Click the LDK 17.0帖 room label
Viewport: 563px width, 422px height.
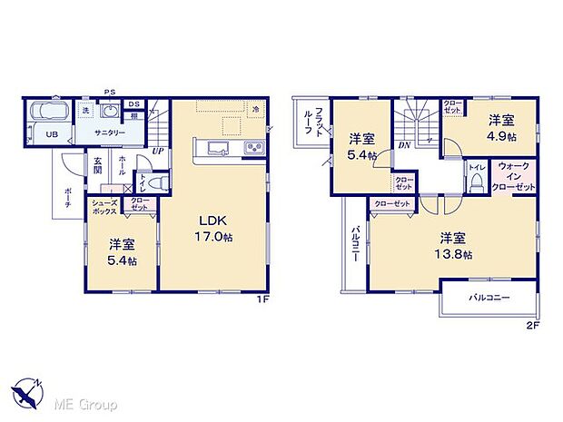pyautogui.click(x=214, y=225)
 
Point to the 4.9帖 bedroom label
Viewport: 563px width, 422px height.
pyautogui.click(x=501, y=127)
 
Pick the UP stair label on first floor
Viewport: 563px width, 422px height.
pyautogui.click(x=158, y=151)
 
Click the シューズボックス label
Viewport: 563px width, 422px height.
pyautogui.click(x=103, y=206)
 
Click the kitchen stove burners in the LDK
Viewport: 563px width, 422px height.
pyautogui.click(x=252, y=148)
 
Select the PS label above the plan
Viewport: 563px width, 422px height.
pyautogui.click(x=110, y=93)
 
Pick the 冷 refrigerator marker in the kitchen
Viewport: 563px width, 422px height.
pyautogui.click(x=257, y=111)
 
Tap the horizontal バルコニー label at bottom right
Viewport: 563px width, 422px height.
pyautogui.click(x=489, y=298)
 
